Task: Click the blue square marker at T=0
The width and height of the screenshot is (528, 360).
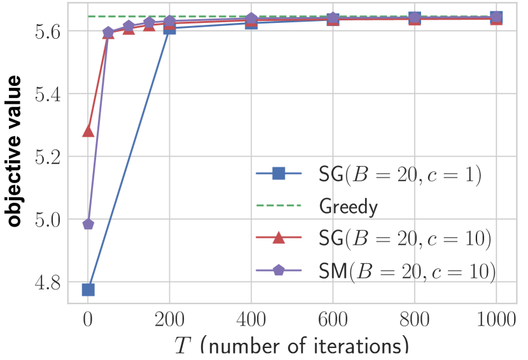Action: point(88,290)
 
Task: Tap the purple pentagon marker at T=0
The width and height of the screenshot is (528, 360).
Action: point(88,225)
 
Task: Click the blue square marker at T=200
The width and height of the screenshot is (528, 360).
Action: point(170,28)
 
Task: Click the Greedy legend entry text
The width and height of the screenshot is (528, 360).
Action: point(349,207)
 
